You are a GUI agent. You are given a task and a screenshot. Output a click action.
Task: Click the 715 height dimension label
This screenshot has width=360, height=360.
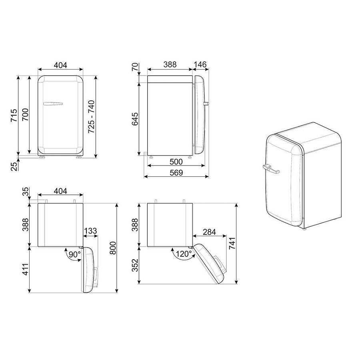pos(14,115)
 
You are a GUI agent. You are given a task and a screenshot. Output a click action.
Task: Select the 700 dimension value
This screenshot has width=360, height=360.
pos(25,115)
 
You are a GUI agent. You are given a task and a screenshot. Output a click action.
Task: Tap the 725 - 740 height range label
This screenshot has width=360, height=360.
pos(91,116)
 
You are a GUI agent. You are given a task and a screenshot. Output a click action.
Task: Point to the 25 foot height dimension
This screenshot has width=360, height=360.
pos(14,166)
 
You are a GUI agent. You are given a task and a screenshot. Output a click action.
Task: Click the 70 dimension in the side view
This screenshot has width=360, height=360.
pos(135,67)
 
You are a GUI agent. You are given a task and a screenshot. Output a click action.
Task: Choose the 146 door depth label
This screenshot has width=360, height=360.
pos(200,64)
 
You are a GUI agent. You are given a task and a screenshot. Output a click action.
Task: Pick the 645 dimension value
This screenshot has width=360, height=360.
pos(135,119)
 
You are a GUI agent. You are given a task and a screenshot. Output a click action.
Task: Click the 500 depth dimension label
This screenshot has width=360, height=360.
pos(176,162)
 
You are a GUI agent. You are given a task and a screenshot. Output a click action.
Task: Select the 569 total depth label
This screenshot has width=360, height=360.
pos(176,173)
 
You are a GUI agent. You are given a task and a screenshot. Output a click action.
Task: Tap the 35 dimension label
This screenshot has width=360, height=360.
pos(26,192)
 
